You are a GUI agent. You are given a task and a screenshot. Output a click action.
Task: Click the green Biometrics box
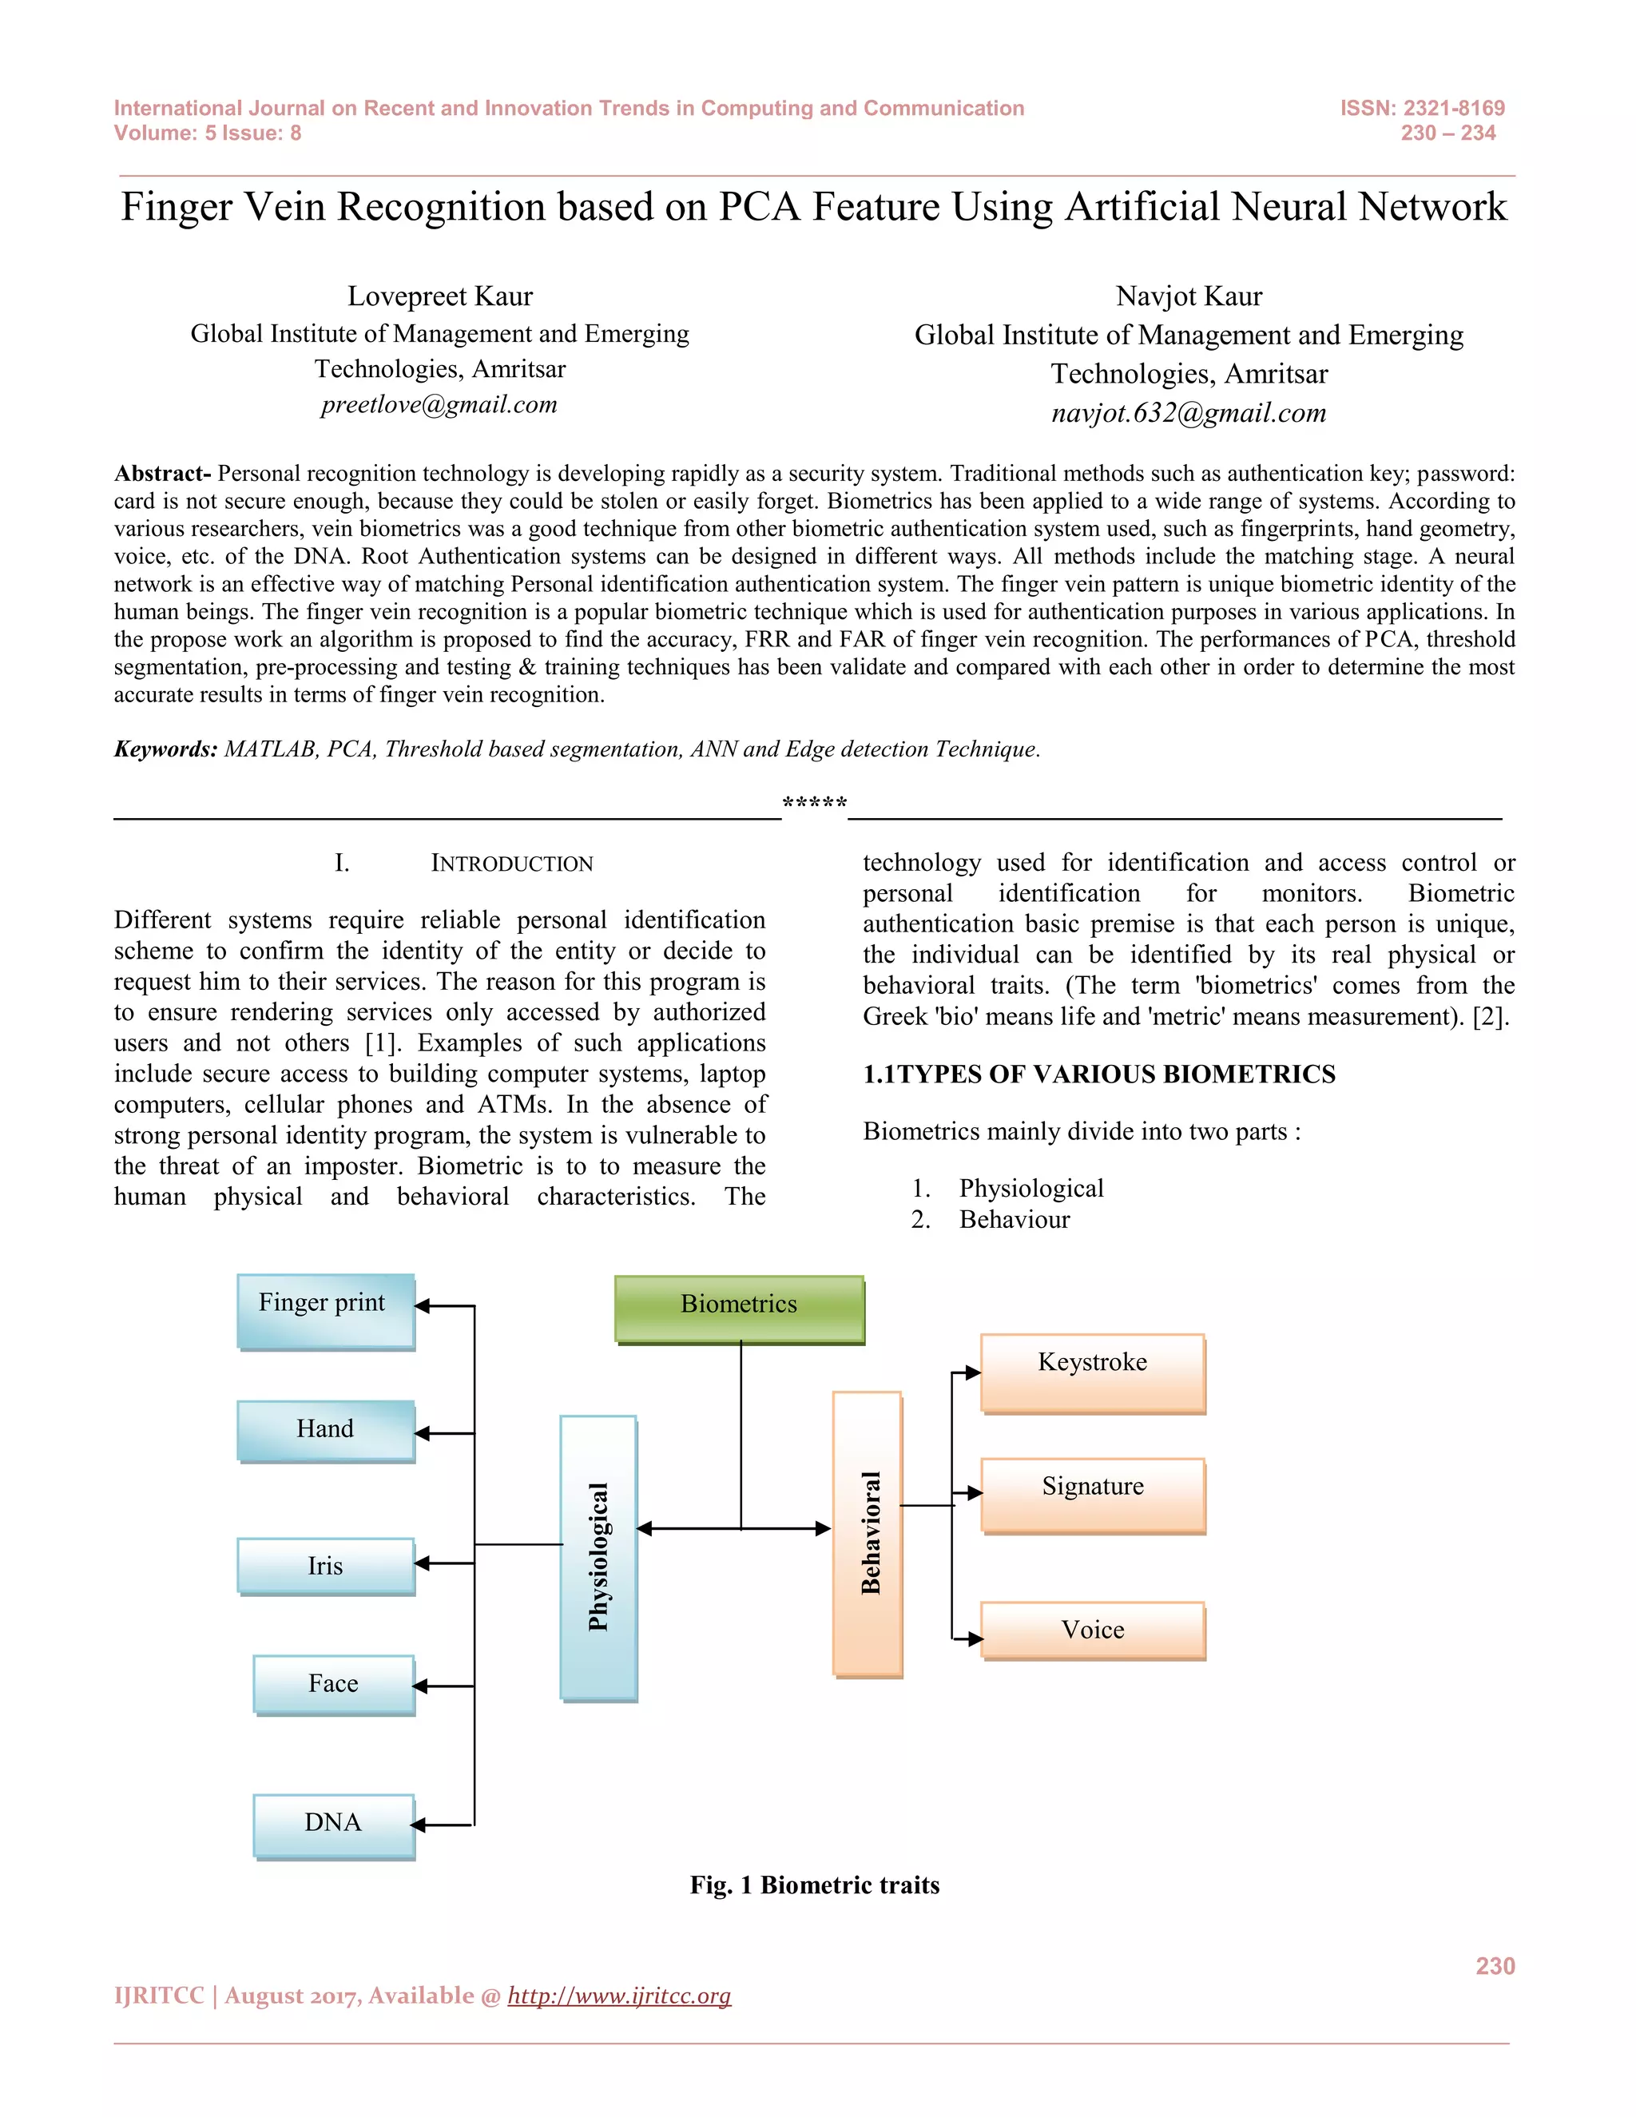739,1308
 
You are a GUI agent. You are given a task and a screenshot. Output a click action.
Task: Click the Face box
333,1684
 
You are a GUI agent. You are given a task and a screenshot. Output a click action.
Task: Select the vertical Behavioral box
868,1534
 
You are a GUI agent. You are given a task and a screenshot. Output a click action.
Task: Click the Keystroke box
1092,1372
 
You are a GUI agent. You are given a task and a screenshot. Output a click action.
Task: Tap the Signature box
1092,1495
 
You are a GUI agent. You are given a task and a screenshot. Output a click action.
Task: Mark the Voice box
1092,1630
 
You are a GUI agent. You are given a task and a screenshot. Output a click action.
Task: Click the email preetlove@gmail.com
439,404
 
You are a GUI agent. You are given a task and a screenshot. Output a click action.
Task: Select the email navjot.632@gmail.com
1188,413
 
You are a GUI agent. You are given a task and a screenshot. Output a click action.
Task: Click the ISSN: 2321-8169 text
1422,108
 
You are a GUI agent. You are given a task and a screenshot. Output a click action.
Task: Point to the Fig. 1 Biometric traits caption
814,1885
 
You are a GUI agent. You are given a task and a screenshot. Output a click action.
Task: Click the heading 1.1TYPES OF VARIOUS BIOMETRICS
1098,1074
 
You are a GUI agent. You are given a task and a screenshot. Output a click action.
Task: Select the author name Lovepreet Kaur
440,296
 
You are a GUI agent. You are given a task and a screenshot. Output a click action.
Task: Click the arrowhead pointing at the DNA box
419,1825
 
